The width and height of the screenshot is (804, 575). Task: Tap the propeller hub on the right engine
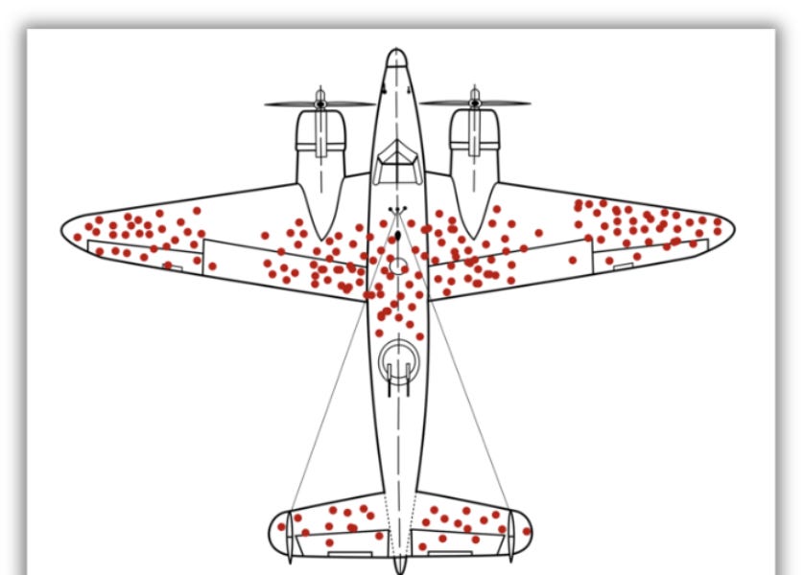(474, 101)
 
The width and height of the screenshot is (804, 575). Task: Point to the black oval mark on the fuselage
(397, 235)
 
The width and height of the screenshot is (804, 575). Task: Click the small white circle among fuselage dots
(397, 266)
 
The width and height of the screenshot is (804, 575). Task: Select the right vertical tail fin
(510, 533)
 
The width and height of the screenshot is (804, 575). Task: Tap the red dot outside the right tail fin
(526, 531)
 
